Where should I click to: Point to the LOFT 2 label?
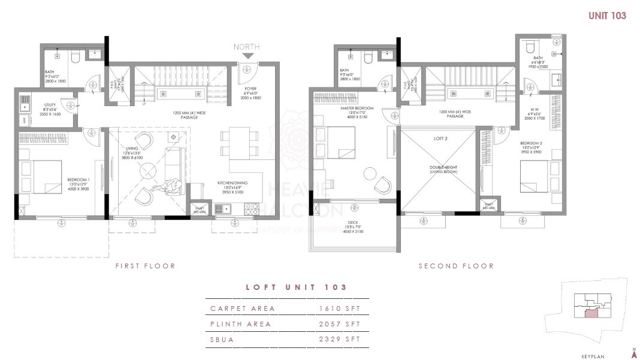441,138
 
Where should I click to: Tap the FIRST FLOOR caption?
145,266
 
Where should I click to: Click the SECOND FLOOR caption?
456,266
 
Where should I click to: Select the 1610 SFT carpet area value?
340,308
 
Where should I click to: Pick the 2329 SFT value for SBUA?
340,340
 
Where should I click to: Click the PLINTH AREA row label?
240,324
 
